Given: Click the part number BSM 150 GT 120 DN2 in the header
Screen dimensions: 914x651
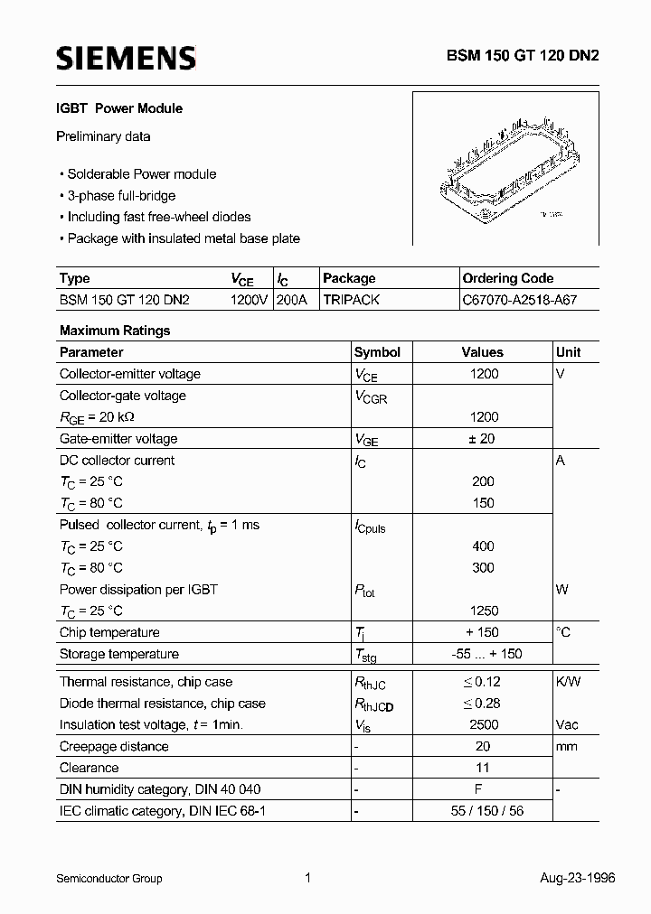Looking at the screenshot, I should (522, 55).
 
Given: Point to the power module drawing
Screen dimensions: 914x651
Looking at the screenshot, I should (505, 169).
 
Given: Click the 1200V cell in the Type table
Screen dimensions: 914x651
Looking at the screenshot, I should (249, 300).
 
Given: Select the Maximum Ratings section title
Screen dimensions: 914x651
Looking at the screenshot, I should (115, 331).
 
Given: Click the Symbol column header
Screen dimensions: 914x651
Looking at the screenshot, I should (377, 352).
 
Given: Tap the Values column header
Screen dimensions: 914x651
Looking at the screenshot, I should (483, 352).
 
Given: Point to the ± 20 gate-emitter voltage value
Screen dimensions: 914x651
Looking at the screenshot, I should (484, 439).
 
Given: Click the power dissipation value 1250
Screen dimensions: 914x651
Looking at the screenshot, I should (484, 611).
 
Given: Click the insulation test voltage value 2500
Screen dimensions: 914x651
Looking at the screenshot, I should (484, 724).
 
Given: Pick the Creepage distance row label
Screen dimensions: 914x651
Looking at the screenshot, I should (114, 746).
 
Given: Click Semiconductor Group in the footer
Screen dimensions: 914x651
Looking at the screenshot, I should (109, 878).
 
